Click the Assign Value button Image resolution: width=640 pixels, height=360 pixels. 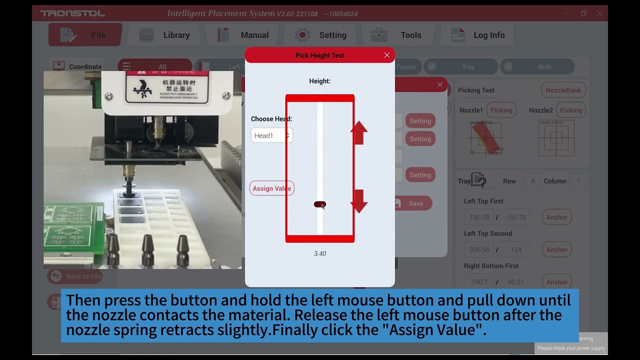click(272, 188)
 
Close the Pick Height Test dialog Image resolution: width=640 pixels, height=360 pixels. click(386, 55)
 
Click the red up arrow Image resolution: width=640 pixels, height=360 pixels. click(358, 132)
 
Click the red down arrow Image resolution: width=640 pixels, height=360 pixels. click(358, 201)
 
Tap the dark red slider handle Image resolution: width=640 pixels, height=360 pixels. click(319, 204)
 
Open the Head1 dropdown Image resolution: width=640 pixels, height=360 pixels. click(271, 135)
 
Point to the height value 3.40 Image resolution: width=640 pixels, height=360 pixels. click(320, 253)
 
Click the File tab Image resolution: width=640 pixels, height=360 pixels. click(85, 35)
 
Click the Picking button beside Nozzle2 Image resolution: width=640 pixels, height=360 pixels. click(570, 110)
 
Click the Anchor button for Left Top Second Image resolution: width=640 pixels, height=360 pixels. click(556, 249)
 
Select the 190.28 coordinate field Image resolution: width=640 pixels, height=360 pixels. click(479, 217)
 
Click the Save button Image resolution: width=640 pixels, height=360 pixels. click(413, 203)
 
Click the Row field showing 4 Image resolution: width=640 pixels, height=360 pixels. click(532, 181)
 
